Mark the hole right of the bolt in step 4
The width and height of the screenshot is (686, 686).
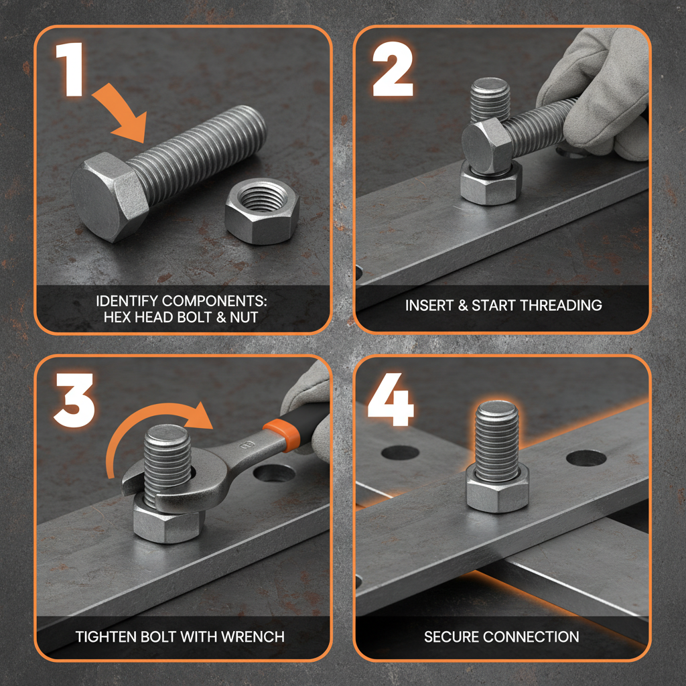tap(586, 459)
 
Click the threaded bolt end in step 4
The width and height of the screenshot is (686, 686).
tap(496, 432)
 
